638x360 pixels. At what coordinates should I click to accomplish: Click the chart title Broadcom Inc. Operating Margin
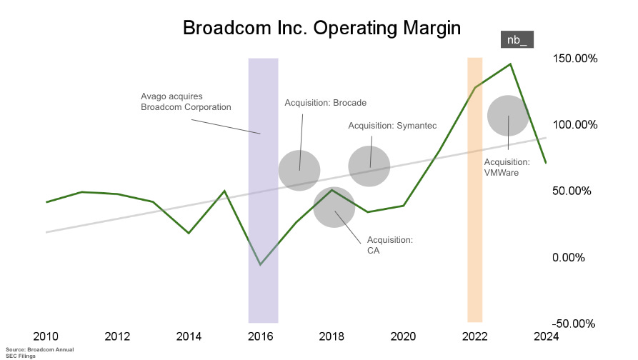[322, 28]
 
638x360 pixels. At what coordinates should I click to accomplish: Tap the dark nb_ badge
[516, 40]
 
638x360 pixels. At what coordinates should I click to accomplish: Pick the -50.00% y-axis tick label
[574, 324]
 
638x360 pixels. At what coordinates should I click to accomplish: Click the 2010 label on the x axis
[46, 337]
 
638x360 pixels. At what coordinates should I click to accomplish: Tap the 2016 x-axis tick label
[261, 337]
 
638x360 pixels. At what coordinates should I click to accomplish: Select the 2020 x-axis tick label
[404, 337]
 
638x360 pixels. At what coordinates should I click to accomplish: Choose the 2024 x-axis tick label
[547, 337]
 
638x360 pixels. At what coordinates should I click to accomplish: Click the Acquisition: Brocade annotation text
[325, 103]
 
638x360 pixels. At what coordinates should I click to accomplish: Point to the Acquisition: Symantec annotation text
[392, 126]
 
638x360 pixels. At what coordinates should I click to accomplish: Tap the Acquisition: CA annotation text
[389, 244]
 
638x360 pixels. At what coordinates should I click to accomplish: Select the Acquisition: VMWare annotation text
[507, 167]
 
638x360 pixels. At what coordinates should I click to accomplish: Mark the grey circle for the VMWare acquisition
[508, 116]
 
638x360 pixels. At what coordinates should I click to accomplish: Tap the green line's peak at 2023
[511, 64]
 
